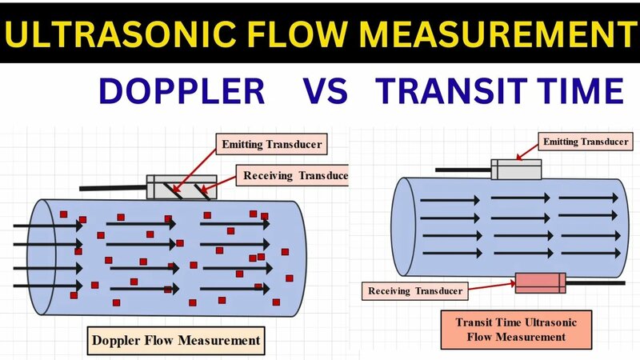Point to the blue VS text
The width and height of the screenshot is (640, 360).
click(x=325, y=92)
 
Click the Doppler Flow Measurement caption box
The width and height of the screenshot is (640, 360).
click(x=176, y=340)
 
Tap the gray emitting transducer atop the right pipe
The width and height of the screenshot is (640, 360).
click(x=516, y=169)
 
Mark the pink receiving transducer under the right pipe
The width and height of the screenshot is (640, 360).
click(x=540, y=282)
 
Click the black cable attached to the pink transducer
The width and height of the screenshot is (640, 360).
click(x=595, y=282)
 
